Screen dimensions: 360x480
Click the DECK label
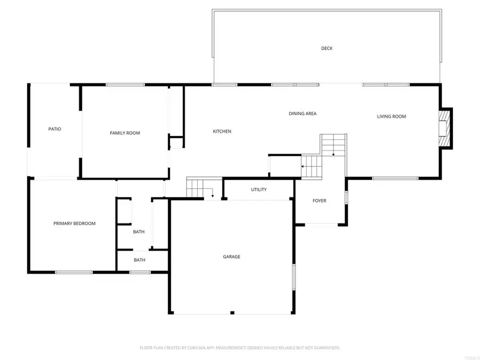coord(327,49)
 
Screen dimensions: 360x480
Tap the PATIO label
coord(54,129)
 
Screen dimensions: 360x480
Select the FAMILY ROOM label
coord(125,133)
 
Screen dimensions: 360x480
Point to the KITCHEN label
coord(222,131)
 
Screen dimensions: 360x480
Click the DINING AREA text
coord(302,114)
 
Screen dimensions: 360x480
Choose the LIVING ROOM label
coord(391,116)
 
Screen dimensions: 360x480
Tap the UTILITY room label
coord(259,189)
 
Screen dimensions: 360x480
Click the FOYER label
coord(319,201)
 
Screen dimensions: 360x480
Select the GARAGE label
coord(231,257)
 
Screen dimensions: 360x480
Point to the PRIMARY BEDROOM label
coord(74,223)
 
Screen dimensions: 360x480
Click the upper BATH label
coord(139,231)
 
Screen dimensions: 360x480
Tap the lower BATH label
coord(139,260)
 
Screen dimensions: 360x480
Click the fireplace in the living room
coord(444,128)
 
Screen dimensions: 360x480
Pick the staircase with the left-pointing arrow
coord(313,166)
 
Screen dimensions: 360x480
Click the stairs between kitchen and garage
coord(195,188)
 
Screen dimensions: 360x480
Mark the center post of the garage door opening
coord(231,312)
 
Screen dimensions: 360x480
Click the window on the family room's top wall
coord(125,84)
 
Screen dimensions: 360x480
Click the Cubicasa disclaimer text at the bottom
coord(239,348)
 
